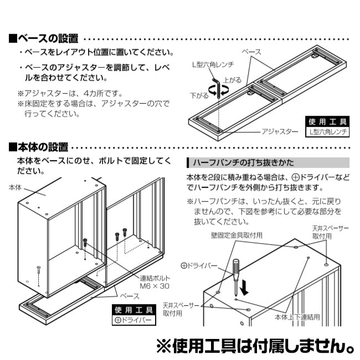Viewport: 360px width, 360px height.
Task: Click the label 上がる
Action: click(x=233, y=80)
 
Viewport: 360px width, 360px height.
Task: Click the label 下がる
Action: click(x=199, y=95)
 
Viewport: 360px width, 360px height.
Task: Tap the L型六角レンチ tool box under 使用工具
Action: click(x=327, y=132)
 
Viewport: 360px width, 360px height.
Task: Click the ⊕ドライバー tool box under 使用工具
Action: click(x=133, y=320)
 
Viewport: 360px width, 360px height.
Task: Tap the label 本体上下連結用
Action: click(x=297, y=318)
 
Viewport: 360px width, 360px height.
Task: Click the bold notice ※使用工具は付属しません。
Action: click(x=255, y=347)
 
